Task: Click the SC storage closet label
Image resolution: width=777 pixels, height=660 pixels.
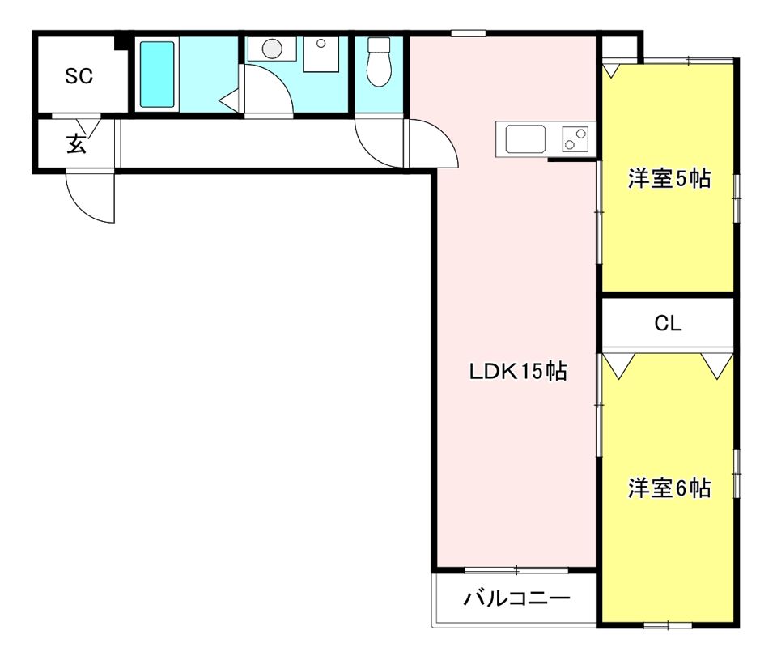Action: pyautogui.click(x=79, y=76)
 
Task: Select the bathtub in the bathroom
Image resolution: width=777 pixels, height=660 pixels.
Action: pyautogui.click(x=157, y=75)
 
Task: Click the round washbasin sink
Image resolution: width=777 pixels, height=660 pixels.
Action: pyautogui.click(x=271, y=49)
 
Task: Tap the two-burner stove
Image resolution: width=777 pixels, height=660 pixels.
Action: pyautogui.click(x=575, y=139)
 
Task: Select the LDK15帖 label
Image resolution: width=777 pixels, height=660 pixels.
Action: pyautogui.click(x=518, y=372)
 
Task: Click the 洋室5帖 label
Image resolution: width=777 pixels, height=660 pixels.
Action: pyautogui.click(x=669, y=179)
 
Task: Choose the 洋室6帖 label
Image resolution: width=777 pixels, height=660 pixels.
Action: pyautogui.click(x=669, y=488)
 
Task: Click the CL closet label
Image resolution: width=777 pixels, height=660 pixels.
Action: pyautogui.click(x=668, y=324)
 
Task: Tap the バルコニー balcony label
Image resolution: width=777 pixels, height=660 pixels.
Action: pyautogui.click(x=517, y=599)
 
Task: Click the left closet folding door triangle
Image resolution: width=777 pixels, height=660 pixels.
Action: pyautogui.click(x=621, y=366)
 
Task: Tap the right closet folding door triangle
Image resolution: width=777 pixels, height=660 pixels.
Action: pyautogui.click(x=715, y=366)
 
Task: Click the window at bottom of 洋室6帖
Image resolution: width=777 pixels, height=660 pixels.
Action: pyautogui.click(x=668, y=624)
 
